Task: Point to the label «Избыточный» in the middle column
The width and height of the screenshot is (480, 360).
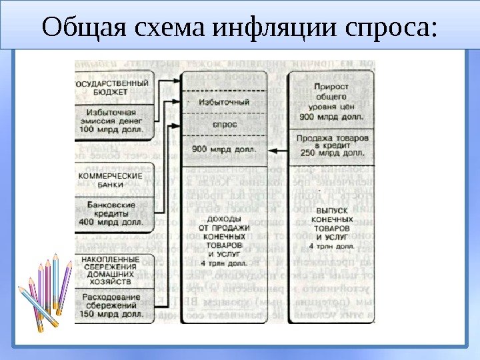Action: pos(225,102)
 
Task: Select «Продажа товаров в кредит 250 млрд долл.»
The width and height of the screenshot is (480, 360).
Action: pos(331,145)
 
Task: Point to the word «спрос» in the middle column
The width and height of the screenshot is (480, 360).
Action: pos(225,124)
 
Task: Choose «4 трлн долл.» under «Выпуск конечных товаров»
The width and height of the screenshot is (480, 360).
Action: pos(331,246)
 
